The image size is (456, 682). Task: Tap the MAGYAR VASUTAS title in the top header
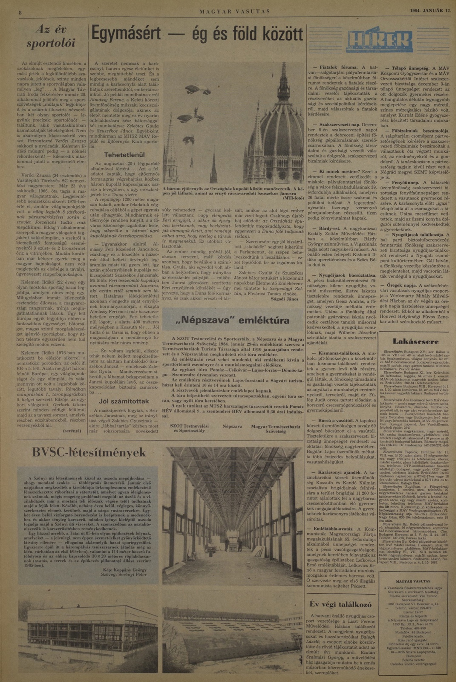(x=235, y=12)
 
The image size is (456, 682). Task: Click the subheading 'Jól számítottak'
(x=124, y=401)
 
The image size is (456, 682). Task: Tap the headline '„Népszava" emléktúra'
(x=233, y=320)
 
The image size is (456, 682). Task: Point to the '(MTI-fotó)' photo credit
(x=293, y=198)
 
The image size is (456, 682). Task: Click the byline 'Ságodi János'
(x=284, y=299)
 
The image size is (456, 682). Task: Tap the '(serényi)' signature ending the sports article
(x=72, y=431)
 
